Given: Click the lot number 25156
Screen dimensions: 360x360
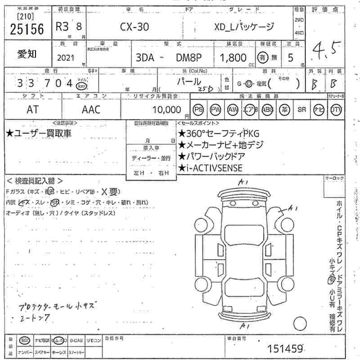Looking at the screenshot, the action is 27,29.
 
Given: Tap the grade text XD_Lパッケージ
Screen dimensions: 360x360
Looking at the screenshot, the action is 243,27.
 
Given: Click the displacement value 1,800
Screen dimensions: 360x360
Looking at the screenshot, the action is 233,58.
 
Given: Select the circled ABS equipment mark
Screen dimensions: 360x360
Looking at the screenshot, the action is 267,109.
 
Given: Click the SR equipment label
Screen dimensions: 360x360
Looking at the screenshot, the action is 301,109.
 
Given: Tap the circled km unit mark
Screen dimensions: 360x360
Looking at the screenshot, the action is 81,86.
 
